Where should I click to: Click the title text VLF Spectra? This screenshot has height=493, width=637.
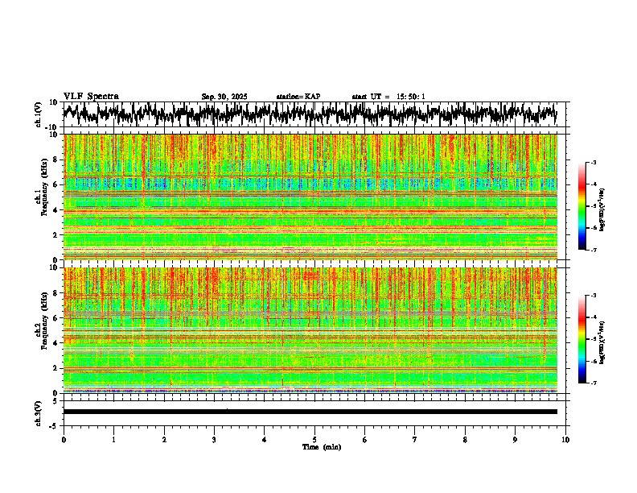pos(91,96)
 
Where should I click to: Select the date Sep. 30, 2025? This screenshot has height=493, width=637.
pos(224,97)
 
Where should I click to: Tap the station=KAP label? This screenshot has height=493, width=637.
pos(298,97)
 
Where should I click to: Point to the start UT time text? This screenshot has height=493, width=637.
pos(388,97)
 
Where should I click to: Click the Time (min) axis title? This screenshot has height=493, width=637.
pos(322,446)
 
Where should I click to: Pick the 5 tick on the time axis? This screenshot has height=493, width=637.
pos(314,439)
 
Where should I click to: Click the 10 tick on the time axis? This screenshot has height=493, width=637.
pos(566,439)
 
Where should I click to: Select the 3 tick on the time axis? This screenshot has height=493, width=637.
pos(214,439)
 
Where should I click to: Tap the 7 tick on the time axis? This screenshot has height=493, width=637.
pos(415,439)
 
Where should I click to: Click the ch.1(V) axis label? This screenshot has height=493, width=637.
pos(39,114)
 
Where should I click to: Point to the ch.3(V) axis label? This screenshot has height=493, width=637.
pos(39,412)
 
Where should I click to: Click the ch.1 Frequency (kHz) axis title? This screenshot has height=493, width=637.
pos(42,197)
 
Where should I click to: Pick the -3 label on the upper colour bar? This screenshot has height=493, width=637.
pos(593,163)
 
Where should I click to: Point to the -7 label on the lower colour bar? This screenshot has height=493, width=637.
pos(593,383)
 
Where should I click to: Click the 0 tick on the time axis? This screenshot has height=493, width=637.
pos(64,439)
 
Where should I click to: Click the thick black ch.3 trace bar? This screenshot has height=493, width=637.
pos(310,412)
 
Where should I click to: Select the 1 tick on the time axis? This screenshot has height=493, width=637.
pos(113,439)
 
